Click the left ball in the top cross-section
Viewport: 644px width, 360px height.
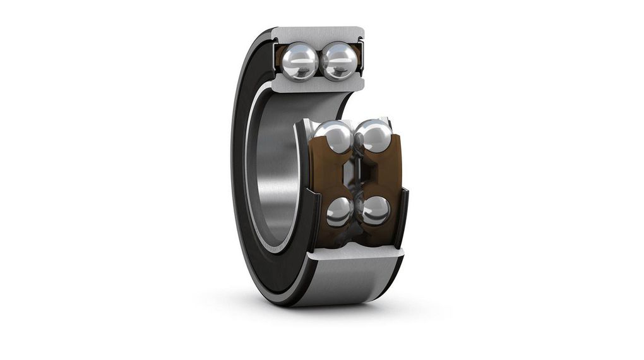tap(299, 61)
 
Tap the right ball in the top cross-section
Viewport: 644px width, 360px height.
tap(339, 61)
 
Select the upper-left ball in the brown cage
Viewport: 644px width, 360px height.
tap(333, 136)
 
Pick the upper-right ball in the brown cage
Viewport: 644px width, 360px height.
tap(373, 135)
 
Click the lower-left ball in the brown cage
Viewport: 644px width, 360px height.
tap(340, 212)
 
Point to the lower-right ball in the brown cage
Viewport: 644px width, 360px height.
tap(376, 210)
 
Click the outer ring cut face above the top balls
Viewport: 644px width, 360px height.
tap(319, 33)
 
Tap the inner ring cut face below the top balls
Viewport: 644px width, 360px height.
tap(319, 85)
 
